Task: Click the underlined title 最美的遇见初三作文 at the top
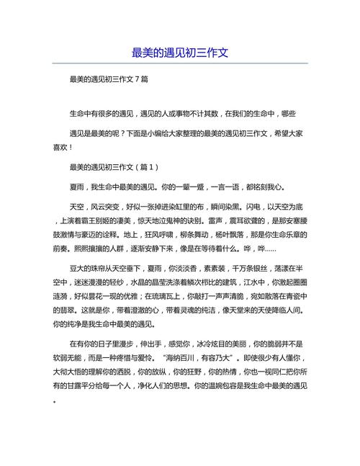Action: [180, 53]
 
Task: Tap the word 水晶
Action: [148, 304]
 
